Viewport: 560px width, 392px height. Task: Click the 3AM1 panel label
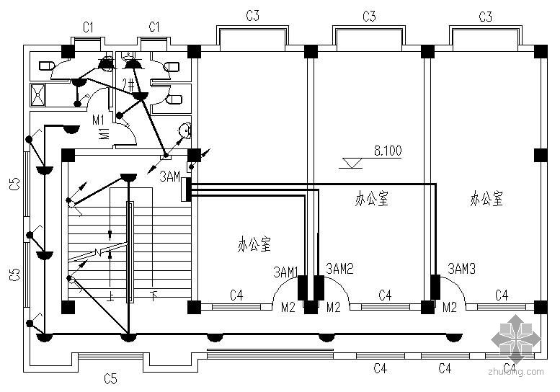tap(286, 272)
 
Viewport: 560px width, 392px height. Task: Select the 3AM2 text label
tap(340, 269)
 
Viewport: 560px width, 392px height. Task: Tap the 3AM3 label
tap(461, 268)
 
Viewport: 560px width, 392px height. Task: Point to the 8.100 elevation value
tap(387, 151)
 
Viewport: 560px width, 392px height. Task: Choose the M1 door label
tap(99, 119)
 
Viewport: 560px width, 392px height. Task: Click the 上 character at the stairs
tap(110, 295)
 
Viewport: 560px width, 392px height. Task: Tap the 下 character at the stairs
tap(153, 295)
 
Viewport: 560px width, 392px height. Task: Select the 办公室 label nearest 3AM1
tap(254, 245)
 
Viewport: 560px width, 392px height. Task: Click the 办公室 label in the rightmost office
tap(486, 199)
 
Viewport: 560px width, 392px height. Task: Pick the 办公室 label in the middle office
tap(372, 199)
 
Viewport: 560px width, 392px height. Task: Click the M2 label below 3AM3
tap(450, 308)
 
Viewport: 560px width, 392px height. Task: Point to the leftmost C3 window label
tap(252, 15)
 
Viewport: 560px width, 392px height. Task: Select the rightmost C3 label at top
tap(485, 16)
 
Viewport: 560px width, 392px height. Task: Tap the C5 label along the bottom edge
tap(110, 378)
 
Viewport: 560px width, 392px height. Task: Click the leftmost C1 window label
tap(88, 27)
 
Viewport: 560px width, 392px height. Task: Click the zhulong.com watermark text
tap(516, 372)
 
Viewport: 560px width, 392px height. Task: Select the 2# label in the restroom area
tap(130, 84)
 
